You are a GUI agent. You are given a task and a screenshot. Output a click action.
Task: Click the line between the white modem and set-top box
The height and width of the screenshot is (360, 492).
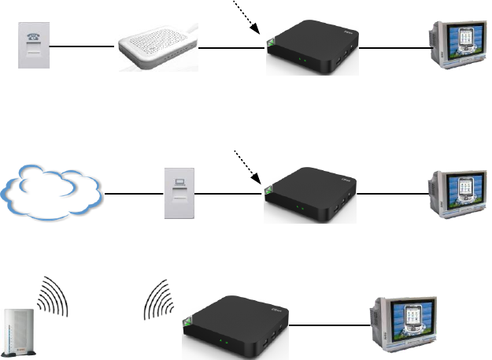pyautogui.click(x=231, y=49)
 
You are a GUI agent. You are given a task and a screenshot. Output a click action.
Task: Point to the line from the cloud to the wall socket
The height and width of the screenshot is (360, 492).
pyautogui.click(x=135, y=194)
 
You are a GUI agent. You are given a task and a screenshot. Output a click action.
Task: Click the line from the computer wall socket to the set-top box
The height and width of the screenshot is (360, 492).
pyautogui.click(x=228, y=194)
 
